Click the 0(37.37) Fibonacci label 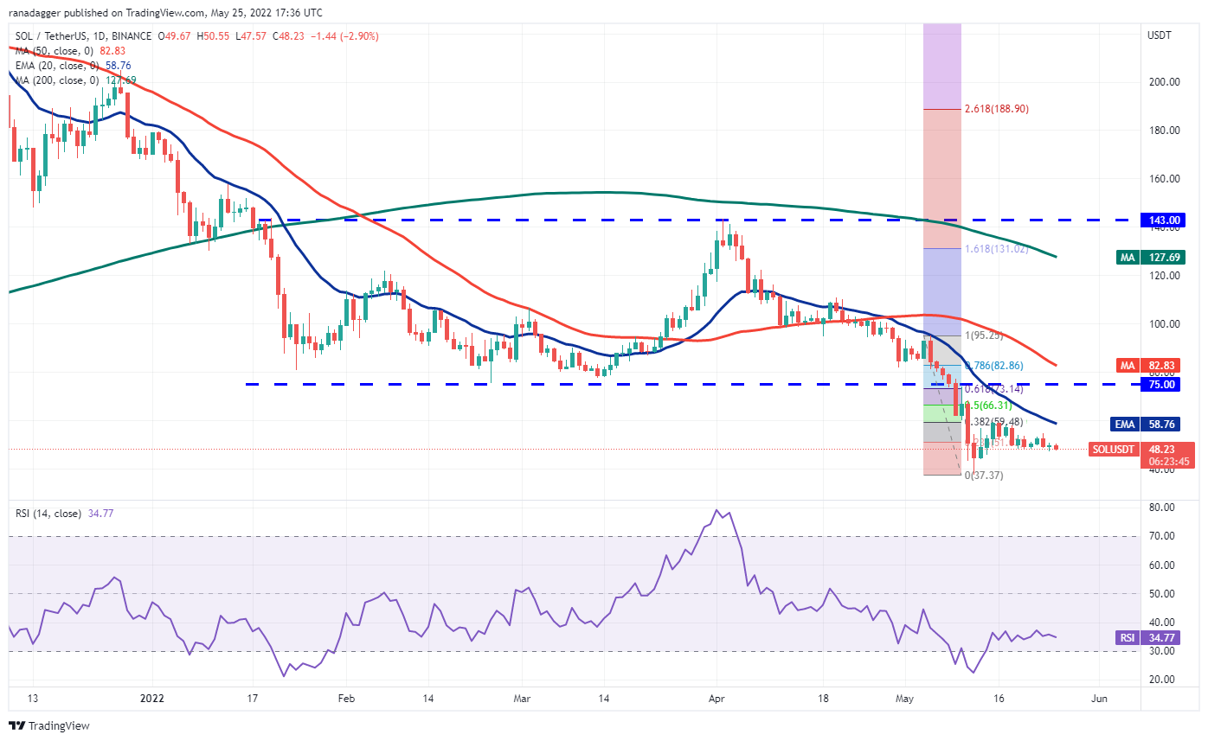coord(985,475)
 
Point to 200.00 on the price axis coord(1163,82)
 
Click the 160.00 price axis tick coord(1163,179)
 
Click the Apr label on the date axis coord(716,697)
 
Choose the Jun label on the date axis coord(1099,697)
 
